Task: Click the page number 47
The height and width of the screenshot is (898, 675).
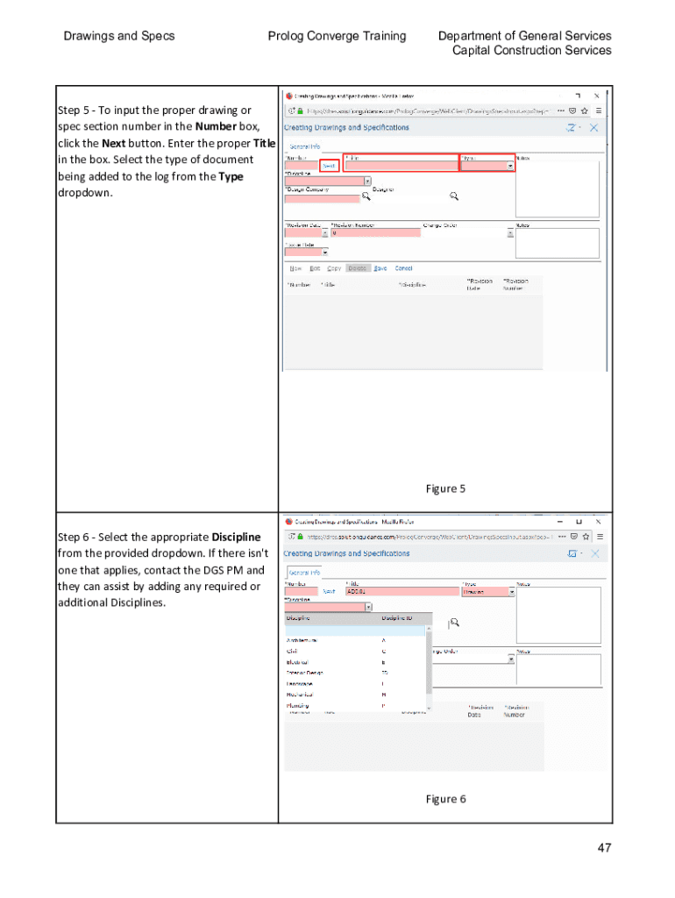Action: [604, 848]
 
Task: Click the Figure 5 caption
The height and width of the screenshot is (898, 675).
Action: [445, 488]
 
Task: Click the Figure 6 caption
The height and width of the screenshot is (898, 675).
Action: [445, 799]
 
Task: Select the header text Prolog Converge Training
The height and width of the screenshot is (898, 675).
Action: [337, 36]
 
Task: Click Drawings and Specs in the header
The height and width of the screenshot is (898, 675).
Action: [119, 36]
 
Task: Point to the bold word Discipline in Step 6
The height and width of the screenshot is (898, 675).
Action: [236, 537]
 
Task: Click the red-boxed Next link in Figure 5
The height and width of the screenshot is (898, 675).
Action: [329, 165]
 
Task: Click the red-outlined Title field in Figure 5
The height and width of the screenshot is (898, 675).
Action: [401, 165]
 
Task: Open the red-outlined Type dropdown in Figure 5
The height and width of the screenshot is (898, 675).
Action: [487, 165]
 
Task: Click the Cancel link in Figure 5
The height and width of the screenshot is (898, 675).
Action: [403, 268]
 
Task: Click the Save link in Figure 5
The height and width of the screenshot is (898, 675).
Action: [380, 268]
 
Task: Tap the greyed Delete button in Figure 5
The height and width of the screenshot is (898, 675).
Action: [358, 268]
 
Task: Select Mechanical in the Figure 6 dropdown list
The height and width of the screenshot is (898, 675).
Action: [300, 695]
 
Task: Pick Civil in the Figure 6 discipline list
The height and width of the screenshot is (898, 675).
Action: [292, 652]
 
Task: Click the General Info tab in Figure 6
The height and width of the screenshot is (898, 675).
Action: [304, 573]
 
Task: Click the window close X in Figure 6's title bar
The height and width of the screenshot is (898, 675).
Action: [597, 521]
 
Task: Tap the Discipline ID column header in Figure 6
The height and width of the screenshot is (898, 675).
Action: [401, 618]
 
